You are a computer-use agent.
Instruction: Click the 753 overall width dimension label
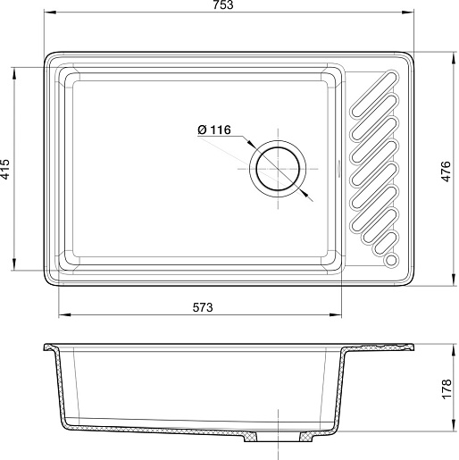pos(223,5)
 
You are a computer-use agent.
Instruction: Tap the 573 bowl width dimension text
pos(203,307)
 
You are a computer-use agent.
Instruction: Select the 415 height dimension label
pos(5,169)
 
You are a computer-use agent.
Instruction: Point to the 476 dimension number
pos(446,171)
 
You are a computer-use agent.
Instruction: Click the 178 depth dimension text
pos(446,389)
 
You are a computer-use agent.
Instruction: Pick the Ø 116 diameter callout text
pos(214,130)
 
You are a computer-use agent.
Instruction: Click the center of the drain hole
pos(278,169)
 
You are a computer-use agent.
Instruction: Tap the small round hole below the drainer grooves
pos(391,260)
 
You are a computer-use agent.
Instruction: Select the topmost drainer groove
pos(375,94)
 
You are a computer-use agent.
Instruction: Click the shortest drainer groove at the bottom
pos(386,243)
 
